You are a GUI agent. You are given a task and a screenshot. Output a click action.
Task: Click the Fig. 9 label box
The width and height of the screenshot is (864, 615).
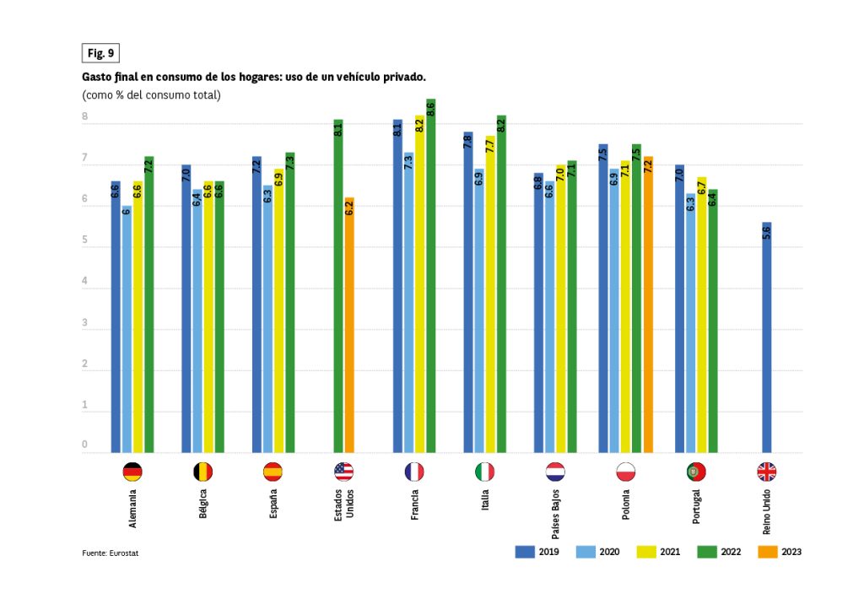tap(100, 53)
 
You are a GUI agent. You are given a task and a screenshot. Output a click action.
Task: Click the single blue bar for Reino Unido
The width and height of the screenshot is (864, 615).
tap(767, 337)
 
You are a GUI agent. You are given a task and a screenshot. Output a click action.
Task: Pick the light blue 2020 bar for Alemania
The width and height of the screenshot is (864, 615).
tap(127, 329)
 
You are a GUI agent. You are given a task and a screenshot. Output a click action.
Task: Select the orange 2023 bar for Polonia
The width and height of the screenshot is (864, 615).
tap(648, 304)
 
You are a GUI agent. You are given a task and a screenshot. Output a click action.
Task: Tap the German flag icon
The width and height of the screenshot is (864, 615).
tap(132, 472)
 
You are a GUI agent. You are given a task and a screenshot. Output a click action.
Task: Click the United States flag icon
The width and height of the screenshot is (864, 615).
tap(344, 472)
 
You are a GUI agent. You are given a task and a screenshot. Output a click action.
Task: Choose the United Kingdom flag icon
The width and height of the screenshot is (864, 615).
tap(767, 472)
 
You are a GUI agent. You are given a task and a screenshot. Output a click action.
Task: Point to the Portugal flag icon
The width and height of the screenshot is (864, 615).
tap(696, 472)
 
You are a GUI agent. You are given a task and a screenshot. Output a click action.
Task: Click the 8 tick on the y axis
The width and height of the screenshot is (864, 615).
tap(85, 118)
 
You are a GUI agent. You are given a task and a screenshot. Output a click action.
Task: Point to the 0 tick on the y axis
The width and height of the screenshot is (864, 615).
tap(85, 445)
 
